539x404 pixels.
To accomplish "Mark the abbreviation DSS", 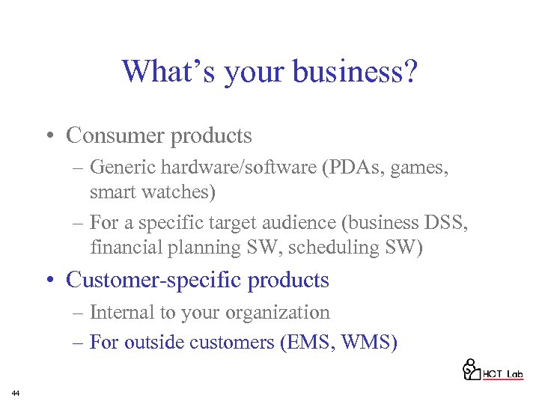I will [x=445, y=223].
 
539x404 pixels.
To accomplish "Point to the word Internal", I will [x=121, y=312].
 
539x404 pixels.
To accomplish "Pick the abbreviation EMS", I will [x=310, y=343].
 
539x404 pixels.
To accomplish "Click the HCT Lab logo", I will [x=493, y=370].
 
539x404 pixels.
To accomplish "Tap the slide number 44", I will [x=15, y=393].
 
